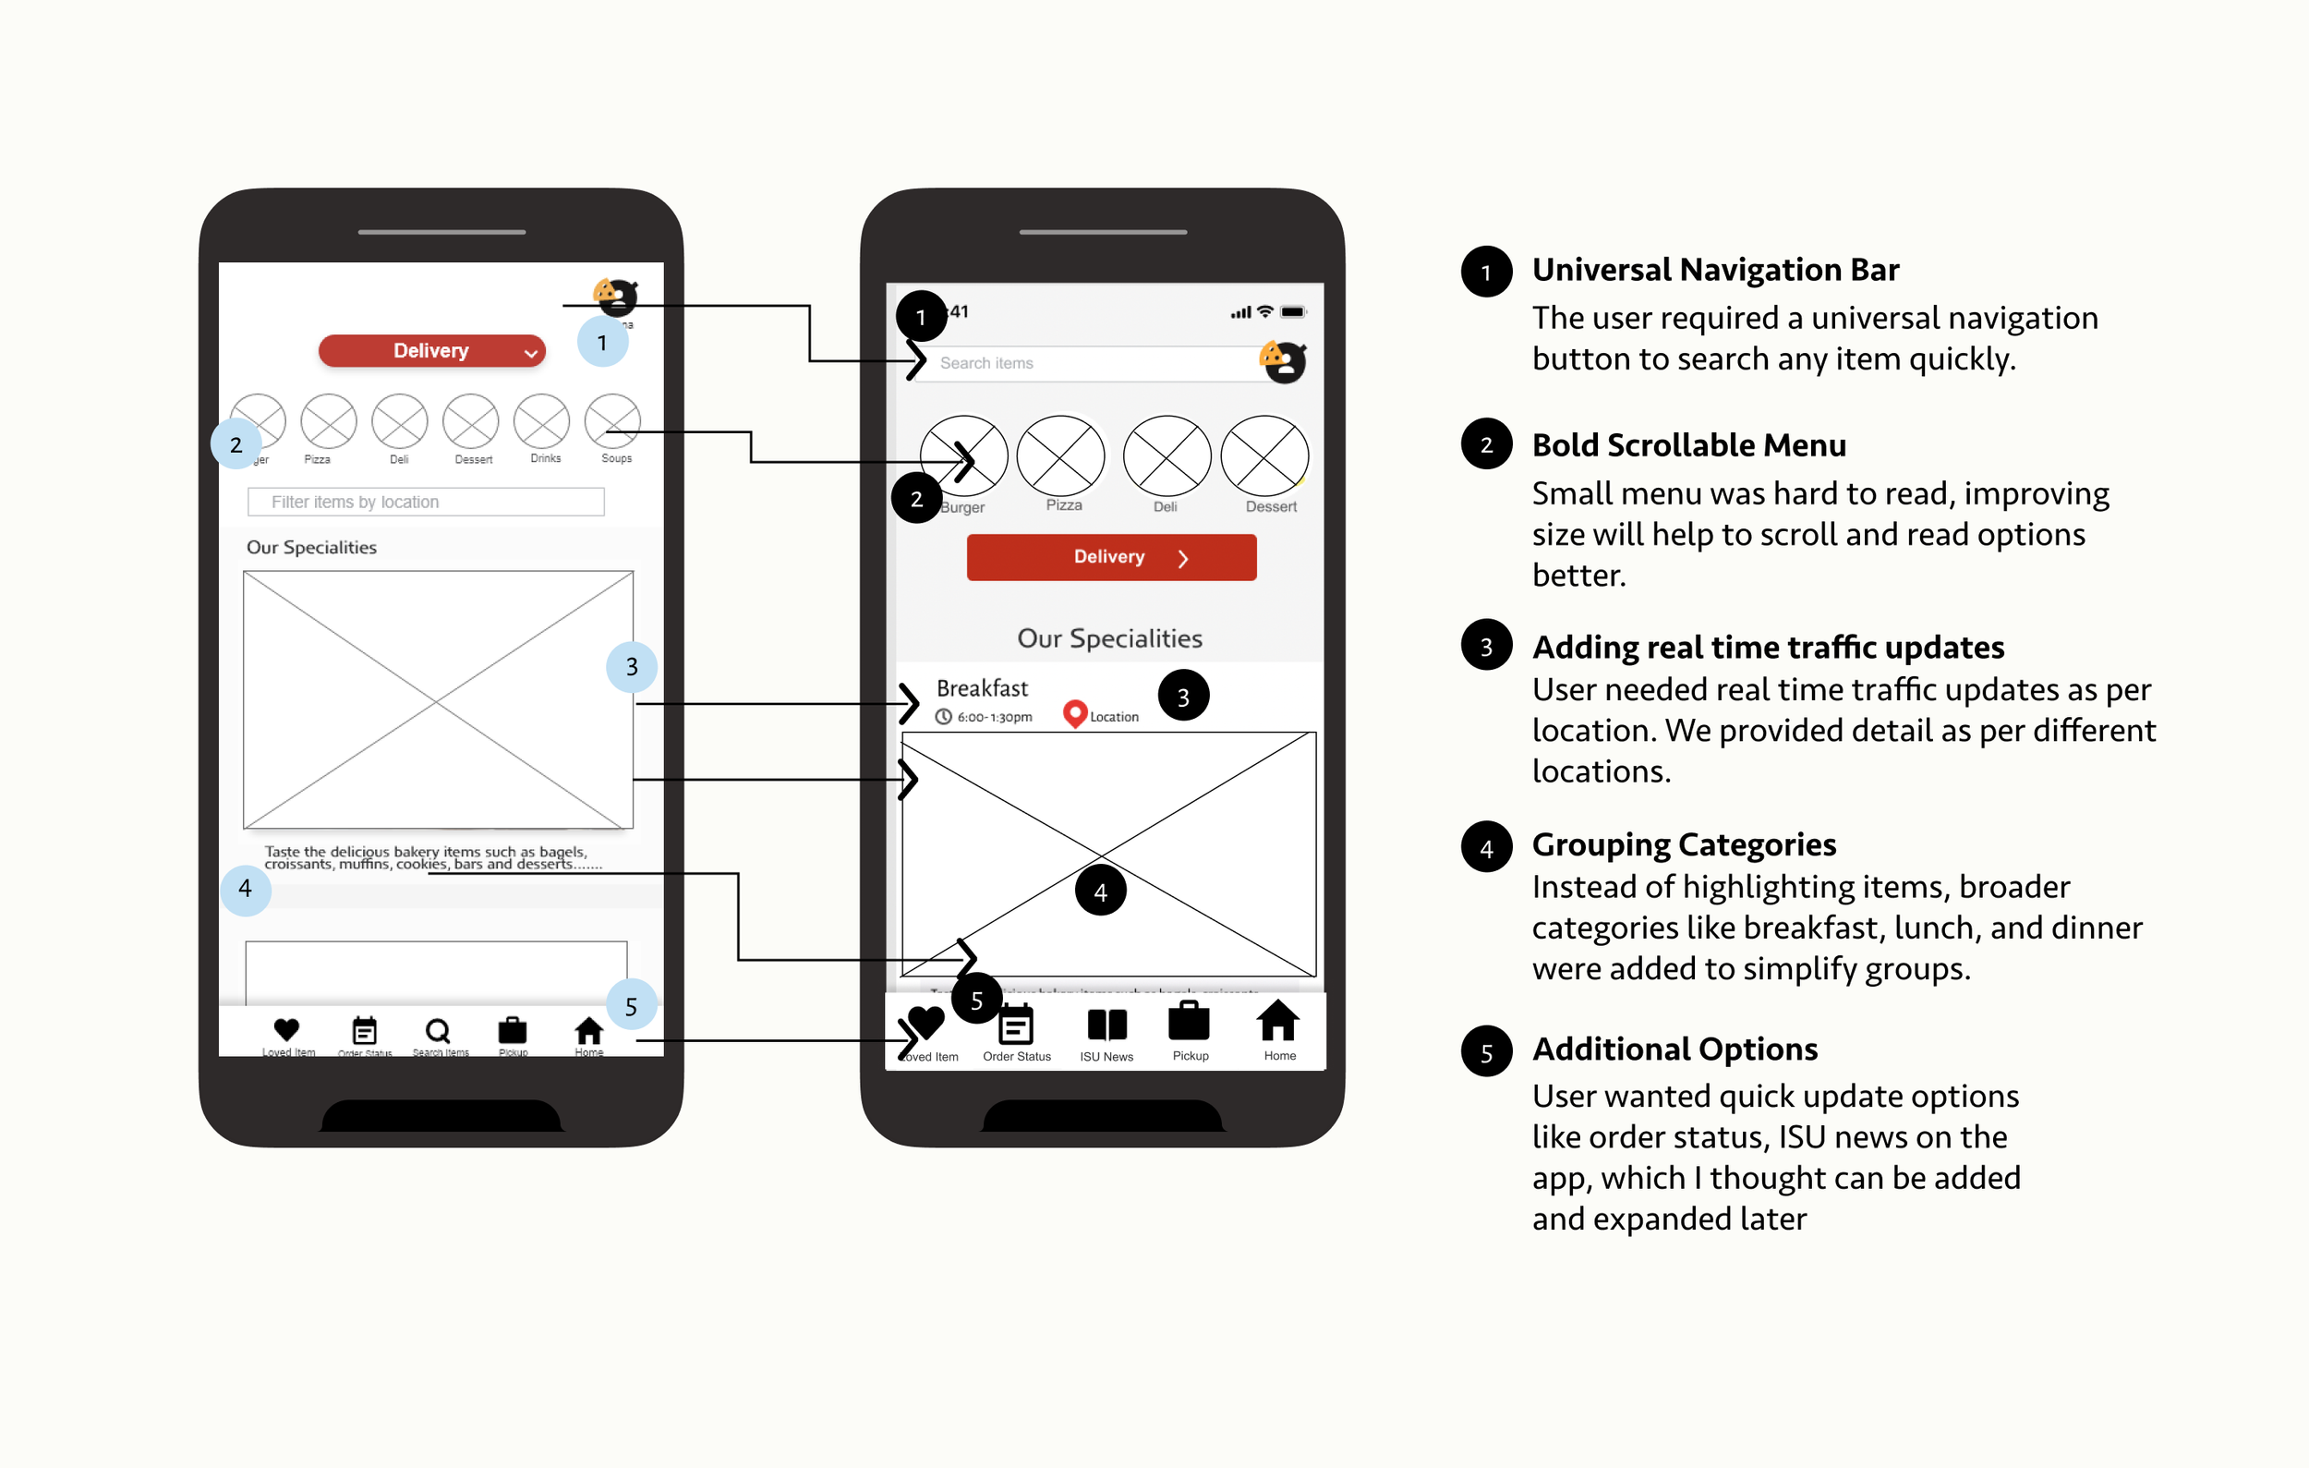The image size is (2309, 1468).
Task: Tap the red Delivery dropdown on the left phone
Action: [x=431, y=351]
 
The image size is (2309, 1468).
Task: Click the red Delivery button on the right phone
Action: [x=1110, y=557]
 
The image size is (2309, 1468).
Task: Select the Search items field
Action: [x=1083, y=363]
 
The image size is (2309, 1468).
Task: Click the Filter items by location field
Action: [x=426, y=502]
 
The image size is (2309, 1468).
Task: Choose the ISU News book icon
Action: [x=1106, y=1025]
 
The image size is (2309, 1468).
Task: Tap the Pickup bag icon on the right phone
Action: [x=1189, y=1021]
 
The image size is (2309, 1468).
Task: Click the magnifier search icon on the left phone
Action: [x=437, y=1031]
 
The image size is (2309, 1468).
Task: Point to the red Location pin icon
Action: [x=1075, y=712]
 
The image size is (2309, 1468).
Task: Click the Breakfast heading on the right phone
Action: [x=982, y=688]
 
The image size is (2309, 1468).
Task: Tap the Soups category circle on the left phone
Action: [x=612, y=421]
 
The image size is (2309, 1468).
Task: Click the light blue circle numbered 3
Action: [x=632, y=666]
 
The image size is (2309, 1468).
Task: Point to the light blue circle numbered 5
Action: [x=631, y=1006]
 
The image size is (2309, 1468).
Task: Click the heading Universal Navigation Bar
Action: [x=1714, y=271]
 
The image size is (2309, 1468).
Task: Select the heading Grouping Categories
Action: [x=1684, y=844]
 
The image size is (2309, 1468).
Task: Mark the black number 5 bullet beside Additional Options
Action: [x=1486, y=1052]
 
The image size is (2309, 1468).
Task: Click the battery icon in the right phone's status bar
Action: [x=1293, y=311]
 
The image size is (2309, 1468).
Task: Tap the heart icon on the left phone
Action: [x=286, y=1030]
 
